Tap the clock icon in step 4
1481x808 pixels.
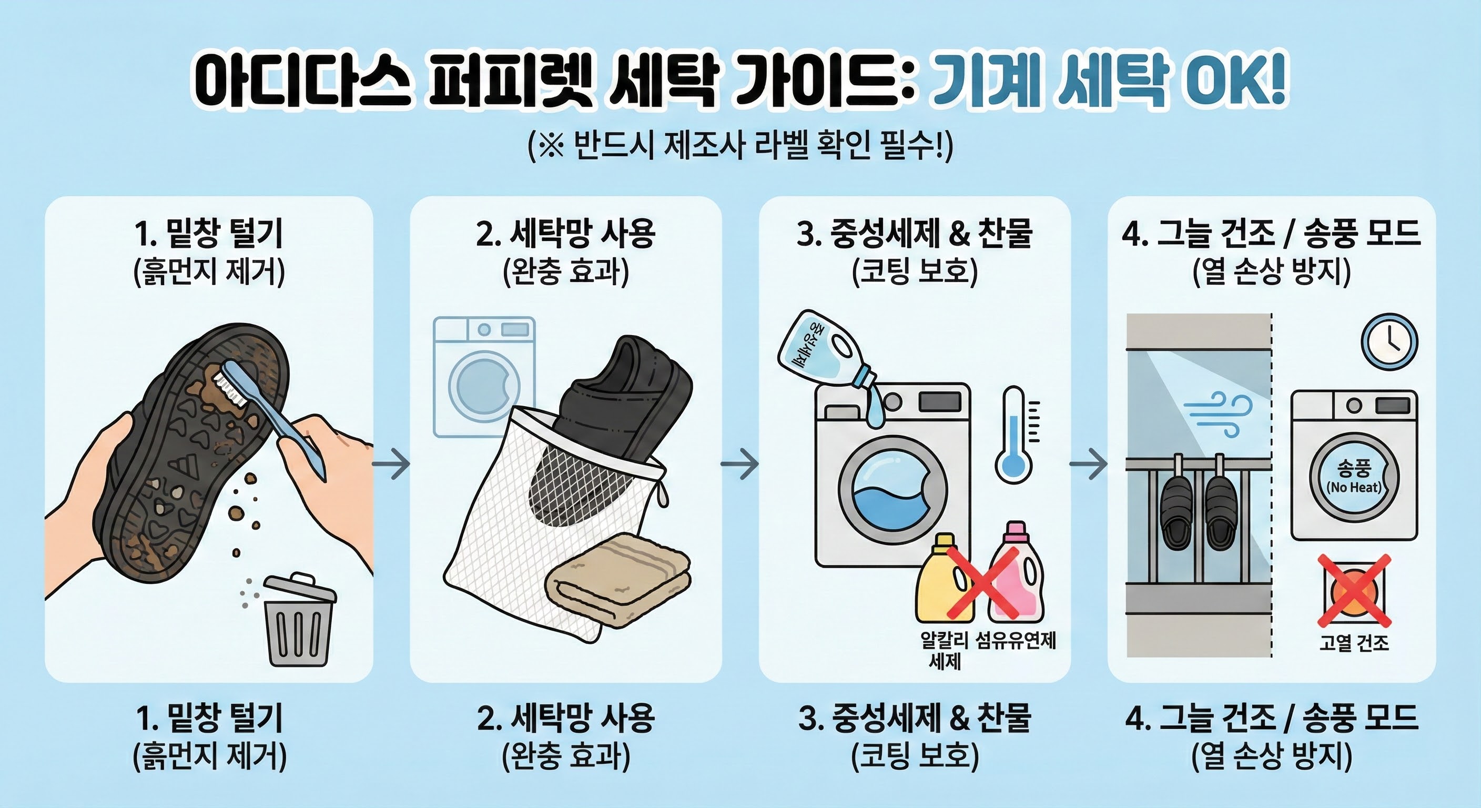[x=1389, y=341]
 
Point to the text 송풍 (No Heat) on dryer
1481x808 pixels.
[x=1354, y=477]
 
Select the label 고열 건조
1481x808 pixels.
[x=1354, y=642]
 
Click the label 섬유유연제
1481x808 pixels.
[x=1016, y=640]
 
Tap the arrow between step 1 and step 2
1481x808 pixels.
[x=391, y=463]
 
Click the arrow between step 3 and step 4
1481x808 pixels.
[x=1088, y=463]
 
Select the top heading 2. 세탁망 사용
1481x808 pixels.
[x=566, y=234]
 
